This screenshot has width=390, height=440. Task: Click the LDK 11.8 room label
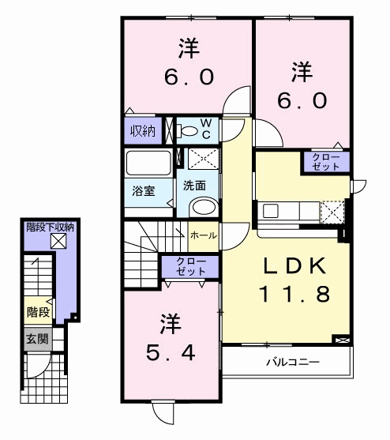click(294, 280)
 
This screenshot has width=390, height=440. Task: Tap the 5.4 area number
click(171, 353)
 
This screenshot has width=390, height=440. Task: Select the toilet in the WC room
click(186, 131)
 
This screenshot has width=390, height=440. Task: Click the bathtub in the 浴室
click(148, 163)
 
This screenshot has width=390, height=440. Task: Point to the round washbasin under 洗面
click(204, 208)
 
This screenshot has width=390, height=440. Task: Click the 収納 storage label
click(143, 131)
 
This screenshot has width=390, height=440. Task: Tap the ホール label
click(203, 235)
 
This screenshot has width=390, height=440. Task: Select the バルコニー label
click(293, 363)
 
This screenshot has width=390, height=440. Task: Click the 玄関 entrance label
click(38, 339)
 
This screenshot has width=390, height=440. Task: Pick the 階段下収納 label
click(51, 228)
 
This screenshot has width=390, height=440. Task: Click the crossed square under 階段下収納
click(58, 241)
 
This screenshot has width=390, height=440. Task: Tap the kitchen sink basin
click(271, 211)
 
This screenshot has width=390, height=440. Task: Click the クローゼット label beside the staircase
click(191, 266)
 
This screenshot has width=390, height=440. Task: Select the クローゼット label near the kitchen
click(326, 162)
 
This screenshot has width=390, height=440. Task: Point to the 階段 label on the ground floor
click(39, 312)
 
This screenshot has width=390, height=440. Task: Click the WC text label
click(206, 129)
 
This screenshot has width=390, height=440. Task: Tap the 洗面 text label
click(194, 186)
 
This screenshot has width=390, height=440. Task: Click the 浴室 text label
click(143, 191)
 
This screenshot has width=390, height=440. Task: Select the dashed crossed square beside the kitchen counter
click(332, 212)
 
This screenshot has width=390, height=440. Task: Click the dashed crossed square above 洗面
click(203, 159)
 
